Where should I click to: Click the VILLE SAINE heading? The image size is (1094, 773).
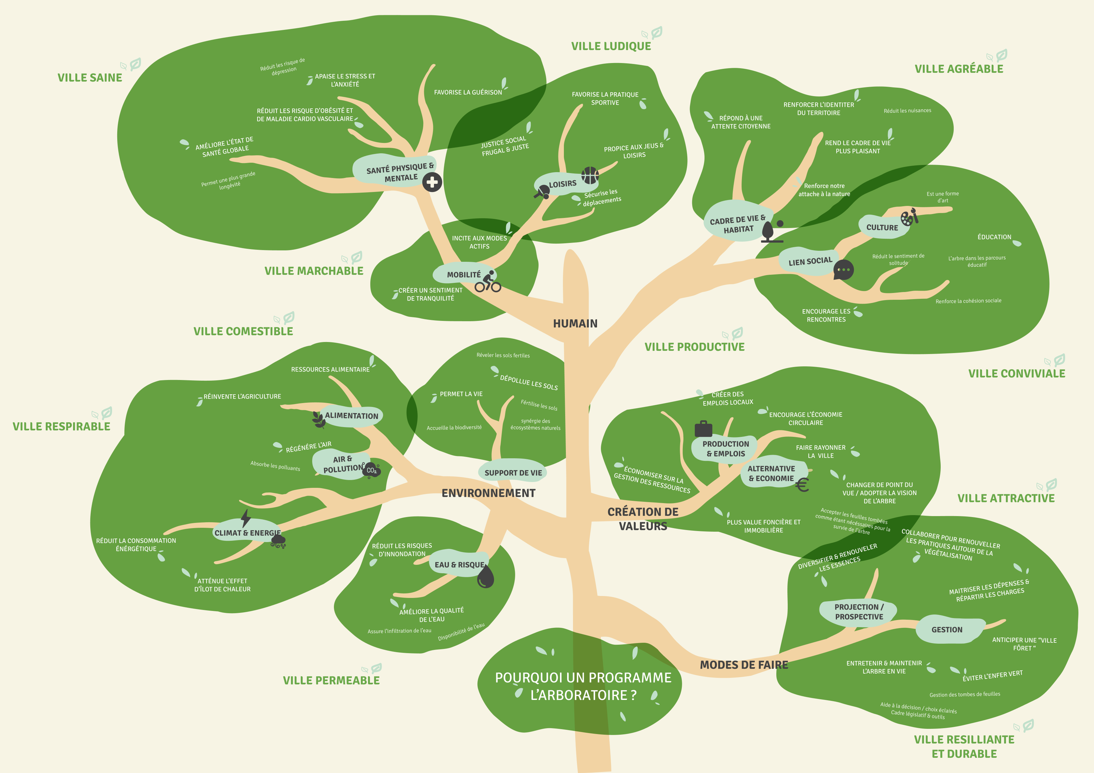coord(90,78)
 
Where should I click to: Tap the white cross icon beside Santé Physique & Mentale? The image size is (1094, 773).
coord(432,182)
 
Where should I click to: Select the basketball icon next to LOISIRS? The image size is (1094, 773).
coord(590,175)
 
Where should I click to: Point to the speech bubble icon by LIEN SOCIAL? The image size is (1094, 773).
coord(843,270)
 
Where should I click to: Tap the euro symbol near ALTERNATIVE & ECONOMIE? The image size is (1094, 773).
coord(802,485)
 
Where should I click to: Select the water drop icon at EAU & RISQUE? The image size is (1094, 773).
coord(486,577)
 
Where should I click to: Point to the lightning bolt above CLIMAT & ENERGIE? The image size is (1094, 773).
coord(245,518)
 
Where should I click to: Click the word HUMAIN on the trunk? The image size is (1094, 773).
coord(575,323)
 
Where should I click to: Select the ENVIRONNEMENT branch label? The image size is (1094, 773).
coord(489,493)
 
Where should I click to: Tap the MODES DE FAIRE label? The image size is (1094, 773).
coord(744,665)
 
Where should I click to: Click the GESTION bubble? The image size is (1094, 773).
coord(947,629)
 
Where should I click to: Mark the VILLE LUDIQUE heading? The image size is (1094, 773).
coord(611,46)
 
